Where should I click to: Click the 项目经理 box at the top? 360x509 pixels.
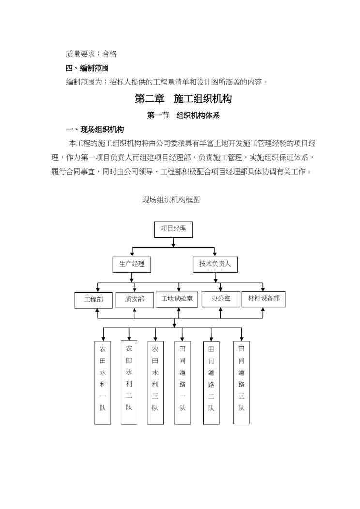point(173,229)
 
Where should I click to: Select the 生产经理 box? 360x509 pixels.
point(132,264)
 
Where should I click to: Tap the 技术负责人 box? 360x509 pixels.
point(215,264)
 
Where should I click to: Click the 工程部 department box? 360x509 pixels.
point(93,299)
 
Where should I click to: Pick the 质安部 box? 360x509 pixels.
point(135,299)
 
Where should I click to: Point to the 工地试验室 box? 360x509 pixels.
point(177,299)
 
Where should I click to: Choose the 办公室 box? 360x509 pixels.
point(221,299)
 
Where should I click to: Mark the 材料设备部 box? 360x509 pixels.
point(264,299)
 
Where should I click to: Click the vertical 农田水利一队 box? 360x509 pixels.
point(103,383)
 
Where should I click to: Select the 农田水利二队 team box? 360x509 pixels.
point(129,382)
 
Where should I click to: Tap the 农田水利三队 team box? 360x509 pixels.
point(155,383)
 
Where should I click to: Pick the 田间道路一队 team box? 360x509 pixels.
point(182,383)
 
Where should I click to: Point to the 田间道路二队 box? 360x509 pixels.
point(211,383)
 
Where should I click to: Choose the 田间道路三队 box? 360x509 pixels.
point(241,383)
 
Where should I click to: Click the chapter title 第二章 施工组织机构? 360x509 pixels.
point(183,99)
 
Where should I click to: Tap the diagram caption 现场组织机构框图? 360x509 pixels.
point(171,200)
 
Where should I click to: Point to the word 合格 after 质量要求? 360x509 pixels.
point(109,54)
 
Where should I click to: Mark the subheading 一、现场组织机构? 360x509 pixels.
point(95,130)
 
